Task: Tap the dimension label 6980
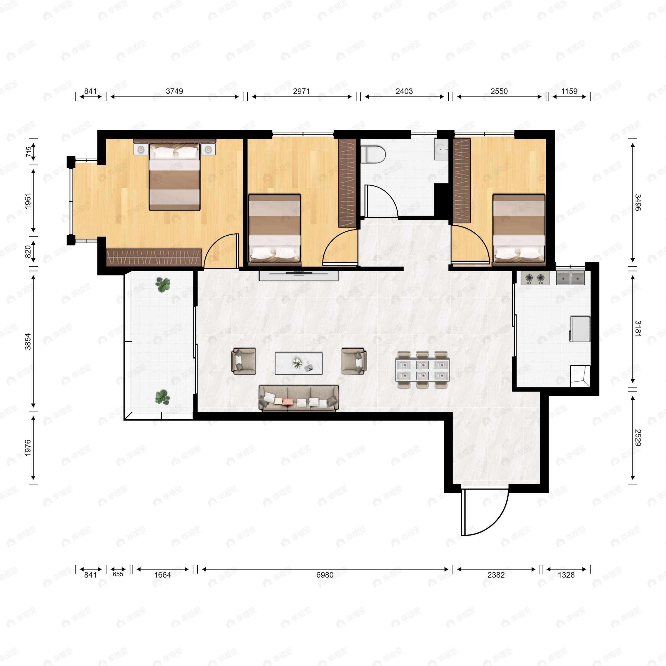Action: coord(325,575)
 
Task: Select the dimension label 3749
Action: coord(175,91)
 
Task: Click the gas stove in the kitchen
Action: coord(535,278)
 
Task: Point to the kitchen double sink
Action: coord(571,278)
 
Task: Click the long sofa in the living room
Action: coord(299,398)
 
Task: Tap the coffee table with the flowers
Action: coord(299,363)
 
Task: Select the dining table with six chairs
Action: coord(423,370)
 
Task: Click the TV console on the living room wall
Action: coord(299,276)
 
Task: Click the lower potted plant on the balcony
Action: coord(162,397)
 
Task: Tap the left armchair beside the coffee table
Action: coord(244,361)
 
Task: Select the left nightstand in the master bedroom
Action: coord(141,149)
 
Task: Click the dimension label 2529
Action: coord(638,438)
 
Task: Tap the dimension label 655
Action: coord(118,574)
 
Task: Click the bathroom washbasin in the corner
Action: coord(441,150)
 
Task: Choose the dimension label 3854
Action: coord(28,341)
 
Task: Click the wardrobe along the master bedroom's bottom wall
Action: coord(154,257)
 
